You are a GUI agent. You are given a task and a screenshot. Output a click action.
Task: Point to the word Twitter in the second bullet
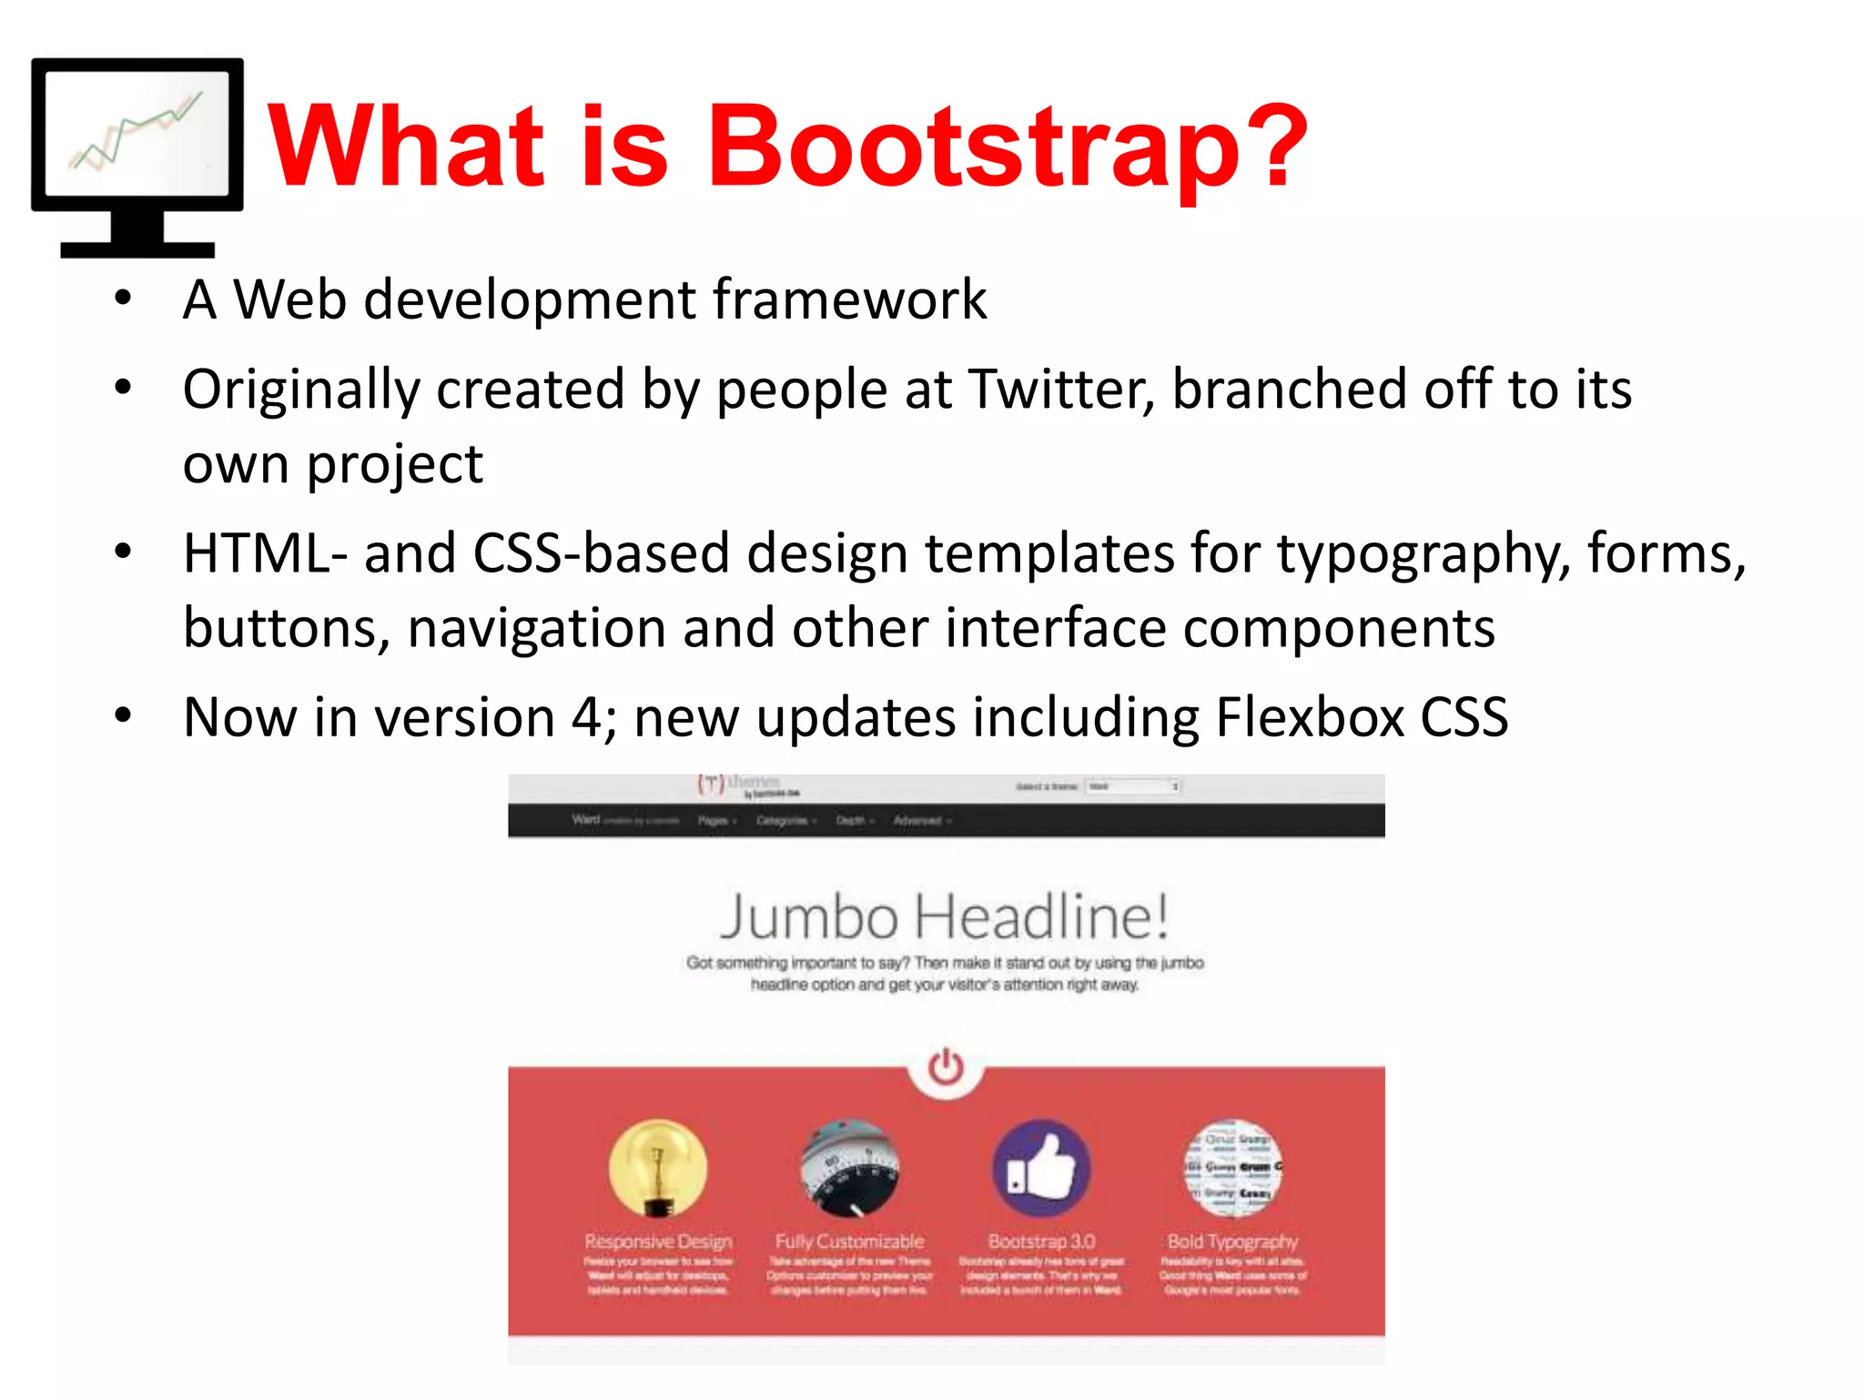(x=1060, y=390)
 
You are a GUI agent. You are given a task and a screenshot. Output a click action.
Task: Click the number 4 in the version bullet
(x=585, y=717)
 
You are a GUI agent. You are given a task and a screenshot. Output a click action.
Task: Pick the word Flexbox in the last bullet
(x=1310, y=717)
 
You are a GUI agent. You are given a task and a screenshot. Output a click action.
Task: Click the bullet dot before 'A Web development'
(x=123, y=299)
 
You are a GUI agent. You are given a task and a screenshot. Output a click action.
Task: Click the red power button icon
(x=946, y=1067)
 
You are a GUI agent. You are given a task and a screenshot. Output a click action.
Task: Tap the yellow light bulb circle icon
(x=658, y=1169)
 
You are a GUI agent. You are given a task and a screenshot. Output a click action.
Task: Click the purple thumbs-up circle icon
(x=1041, y=1169)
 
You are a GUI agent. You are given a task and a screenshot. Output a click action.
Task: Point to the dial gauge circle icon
(x=849, y=1169)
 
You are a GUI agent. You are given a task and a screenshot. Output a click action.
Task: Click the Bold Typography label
(x=1232, y=1241)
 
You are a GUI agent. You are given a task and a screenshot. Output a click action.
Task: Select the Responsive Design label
(x=658, y=1241)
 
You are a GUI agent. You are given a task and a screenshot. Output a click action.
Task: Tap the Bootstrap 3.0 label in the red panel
(x=1041, y=1241)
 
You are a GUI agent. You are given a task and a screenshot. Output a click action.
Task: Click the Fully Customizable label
(x=849, y=1241)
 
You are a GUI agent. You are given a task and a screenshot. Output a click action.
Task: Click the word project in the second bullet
(x=394, y=464)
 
